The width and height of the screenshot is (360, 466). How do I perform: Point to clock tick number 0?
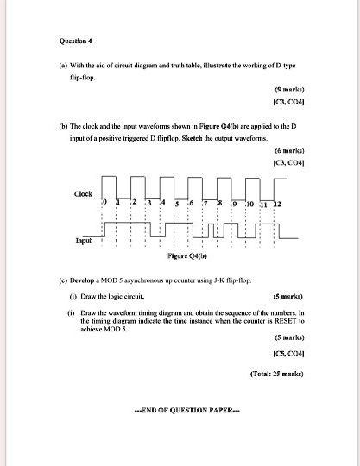tap(104, 202)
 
